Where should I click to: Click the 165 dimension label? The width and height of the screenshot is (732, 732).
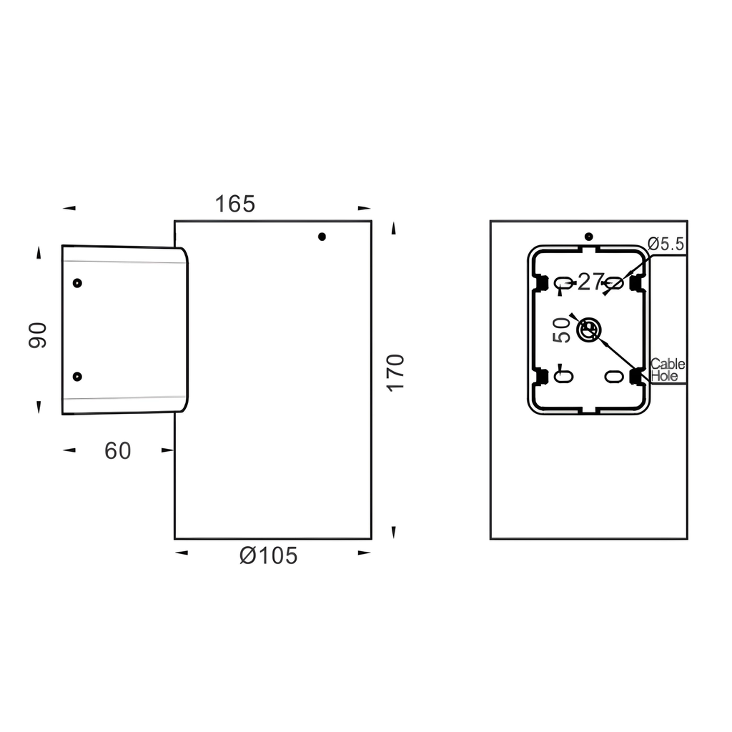pyautogui.click(x=234, y=204)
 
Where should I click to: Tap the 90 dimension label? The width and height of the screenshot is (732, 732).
pyautogui.click(x=37, y=335)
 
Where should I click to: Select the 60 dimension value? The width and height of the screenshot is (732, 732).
pyautogui.click(x=118, y=450)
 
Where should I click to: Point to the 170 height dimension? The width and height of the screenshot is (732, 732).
pyautogui.click(x=395, y=372)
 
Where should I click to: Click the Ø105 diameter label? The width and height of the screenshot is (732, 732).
pyautogui.click(x=269, y=555)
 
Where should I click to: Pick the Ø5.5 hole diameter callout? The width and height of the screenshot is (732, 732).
pyautogui.click(x=666, y=244)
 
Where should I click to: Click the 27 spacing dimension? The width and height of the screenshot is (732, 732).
pyautogui.click(x=591, y=282)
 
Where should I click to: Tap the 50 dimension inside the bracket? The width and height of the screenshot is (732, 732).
pyautogui.click(x=562, y=330)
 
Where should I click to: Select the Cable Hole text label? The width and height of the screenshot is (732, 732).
pyautogui.click(x=668, y=370)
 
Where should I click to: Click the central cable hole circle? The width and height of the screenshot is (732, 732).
pyautogui.click(x=589, y=330)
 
